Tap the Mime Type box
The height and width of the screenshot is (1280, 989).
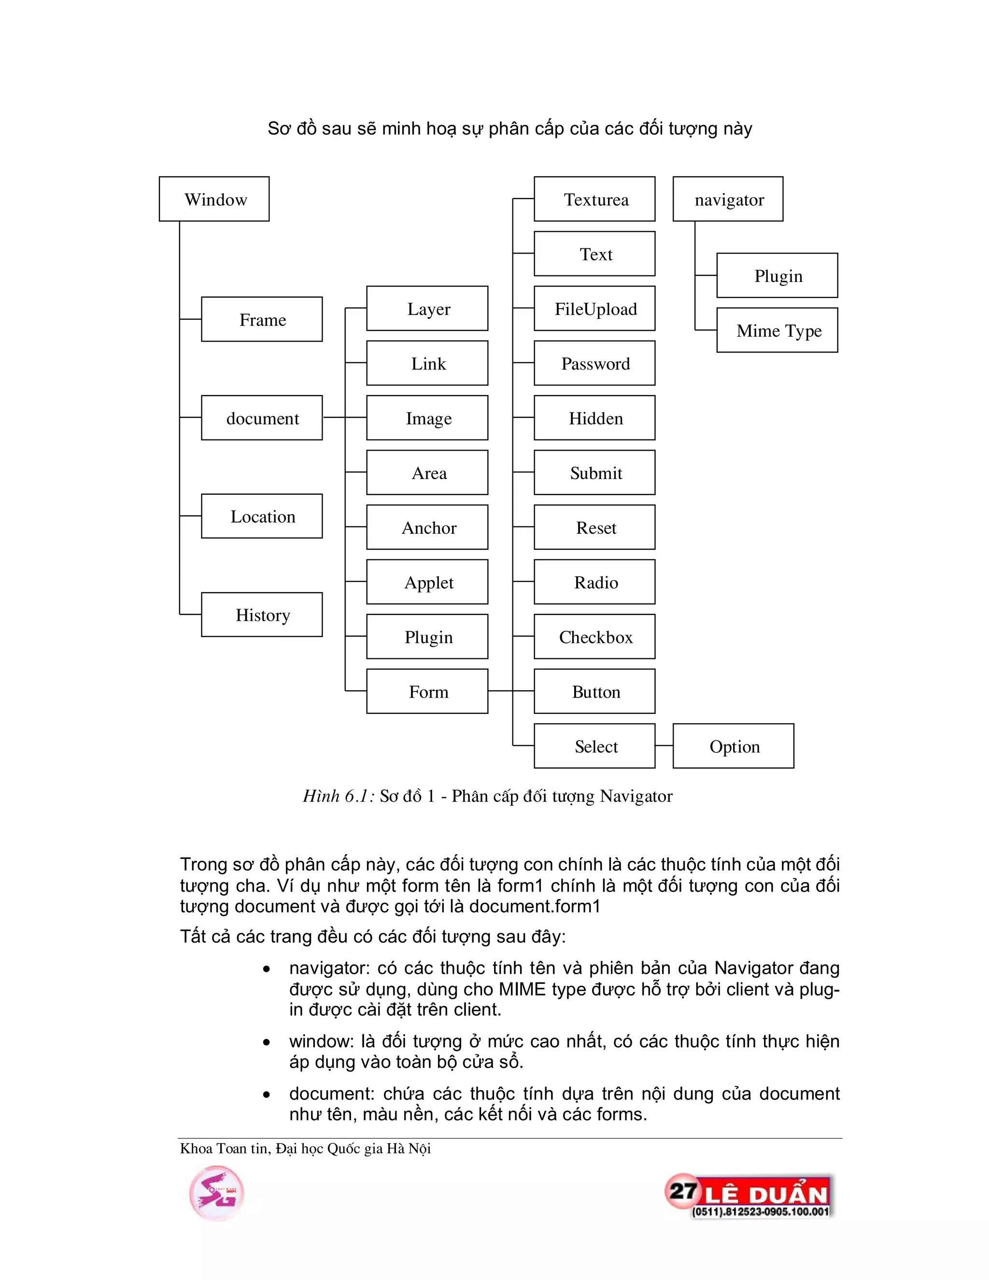777,330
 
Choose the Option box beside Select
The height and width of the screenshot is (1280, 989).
733,746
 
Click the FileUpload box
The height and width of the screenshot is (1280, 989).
594,309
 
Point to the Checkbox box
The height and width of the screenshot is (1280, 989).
594,637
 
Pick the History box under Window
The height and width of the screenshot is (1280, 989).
261,615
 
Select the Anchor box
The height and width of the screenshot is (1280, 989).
427,527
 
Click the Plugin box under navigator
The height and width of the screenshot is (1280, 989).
777,275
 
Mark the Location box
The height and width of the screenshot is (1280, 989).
261,516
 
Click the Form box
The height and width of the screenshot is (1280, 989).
427,692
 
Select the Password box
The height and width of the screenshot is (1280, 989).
594,363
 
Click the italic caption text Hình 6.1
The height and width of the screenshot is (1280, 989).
338,796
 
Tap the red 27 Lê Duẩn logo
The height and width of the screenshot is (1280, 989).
749,1195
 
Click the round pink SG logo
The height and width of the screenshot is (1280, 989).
216,1193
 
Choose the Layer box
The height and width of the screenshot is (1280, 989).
427,309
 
